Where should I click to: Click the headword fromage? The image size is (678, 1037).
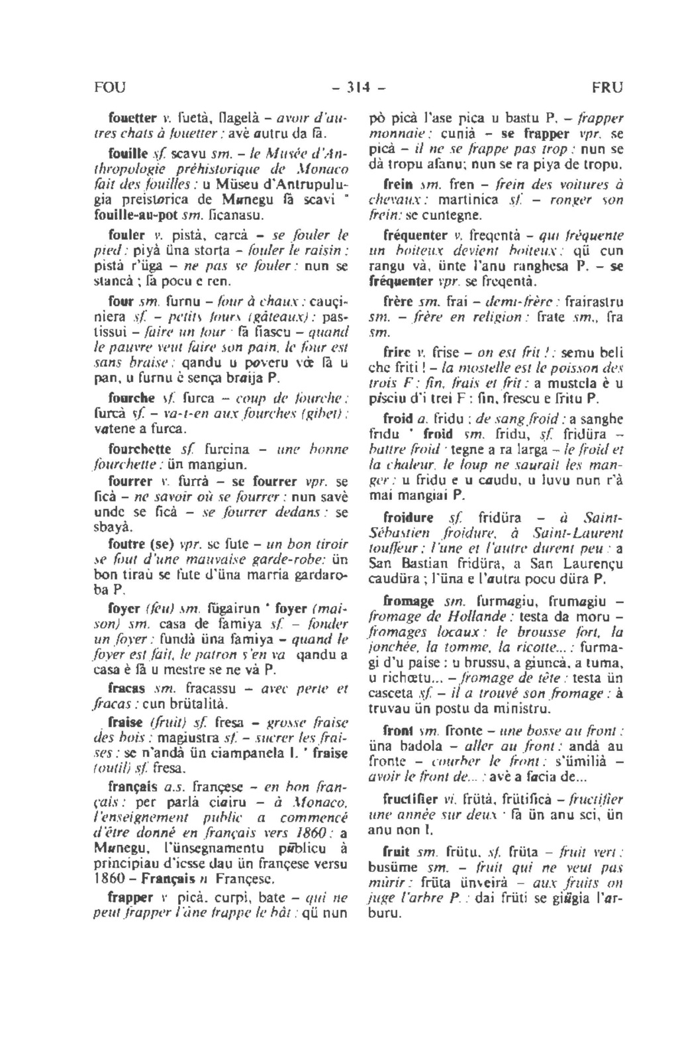pyautogui.click(x=409, y=601)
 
